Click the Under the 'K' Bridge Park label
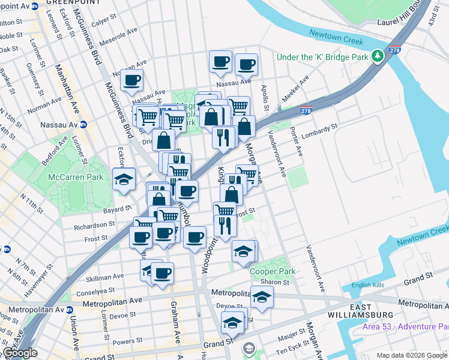tap(322, 57)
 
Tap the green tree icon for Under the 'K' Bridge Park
tap(378, 56)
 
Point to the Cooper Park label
tap(273, 271)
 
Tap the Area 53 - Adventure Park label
tap(405, 326)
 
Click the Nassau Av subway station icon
tap(83, 125)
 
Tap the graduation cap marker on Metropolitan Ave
tap(262, 297)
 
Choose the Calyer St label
tap(103, 20)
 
